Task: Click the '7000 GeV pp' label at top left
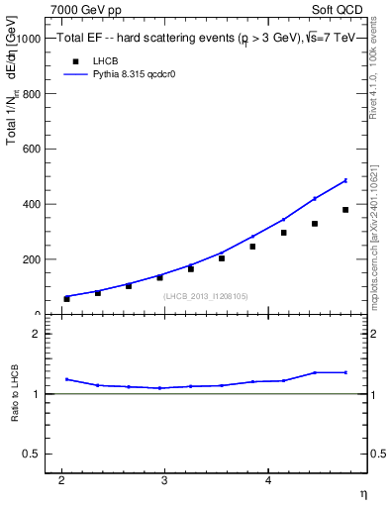86,10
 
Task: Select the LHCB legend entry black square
74,60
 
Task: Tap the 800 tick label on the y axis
30,93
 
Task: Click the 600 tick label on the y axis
30,149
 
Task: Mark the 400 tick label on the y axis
30,204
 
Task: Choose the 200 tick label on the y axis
30,259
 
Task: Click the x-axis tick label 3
164,481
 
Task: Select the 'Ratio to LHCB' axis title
16,394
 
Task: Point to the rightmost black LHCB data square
345,210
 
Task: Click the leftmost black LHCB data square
67,298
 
